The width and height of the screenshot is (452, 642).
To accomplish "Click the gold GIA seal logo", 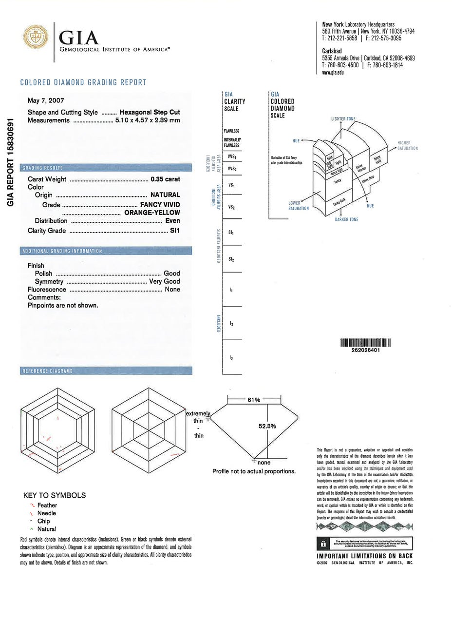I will [36, 37].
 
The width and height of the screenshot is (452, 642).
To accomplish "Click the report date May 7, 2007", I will [46, 100].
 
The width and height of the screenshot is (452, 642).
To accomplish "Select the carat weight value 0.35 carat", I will [165, 179].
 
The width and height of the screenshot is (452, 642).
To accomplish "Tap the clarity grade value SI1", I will [174, 231].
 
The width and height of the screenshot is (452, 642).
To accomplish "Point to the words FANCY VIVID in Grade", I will [160, 205].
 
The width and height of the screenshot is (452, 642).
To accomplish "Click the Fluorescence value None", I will [172, 289].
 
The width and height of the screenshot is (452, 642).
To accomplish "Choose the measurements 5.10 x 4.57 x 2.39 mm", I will [147, 120].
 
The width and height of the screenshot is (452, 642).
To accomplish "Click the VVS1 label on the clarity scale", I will [232, 157].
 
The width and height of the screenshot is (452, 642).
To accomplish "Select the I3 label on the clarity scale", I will [231, 358].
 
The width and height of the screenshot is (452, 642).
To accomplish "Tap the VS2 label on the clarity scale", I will [231, 207].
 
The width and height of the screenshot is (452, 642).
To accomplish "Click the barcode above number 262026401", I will [365, 343].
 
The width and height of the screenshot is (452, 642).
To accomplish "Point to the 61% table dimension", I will [254, 400].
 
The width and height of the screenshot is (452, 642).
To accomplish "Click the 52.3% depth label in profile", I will [267, 426].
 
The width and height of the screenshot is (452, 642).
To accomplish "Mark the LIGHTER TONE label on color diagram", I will [343, 119].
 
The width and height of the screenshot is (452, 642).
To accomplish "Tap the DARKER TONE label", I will [346, 220].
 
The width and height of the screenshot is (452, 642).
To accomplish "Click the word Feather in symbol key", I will [47, 506].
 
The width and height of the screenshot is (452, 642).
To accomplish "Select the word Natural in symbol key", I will [47, 529].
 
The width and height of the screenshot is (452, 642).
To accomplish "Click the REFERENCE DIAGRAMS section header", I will [48, 371].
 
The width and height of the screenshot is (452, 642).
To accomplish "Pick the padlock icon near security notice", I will [323, 544].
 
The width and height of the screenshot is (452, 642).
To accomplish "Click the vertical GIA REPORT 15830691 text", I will [11, 161].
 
